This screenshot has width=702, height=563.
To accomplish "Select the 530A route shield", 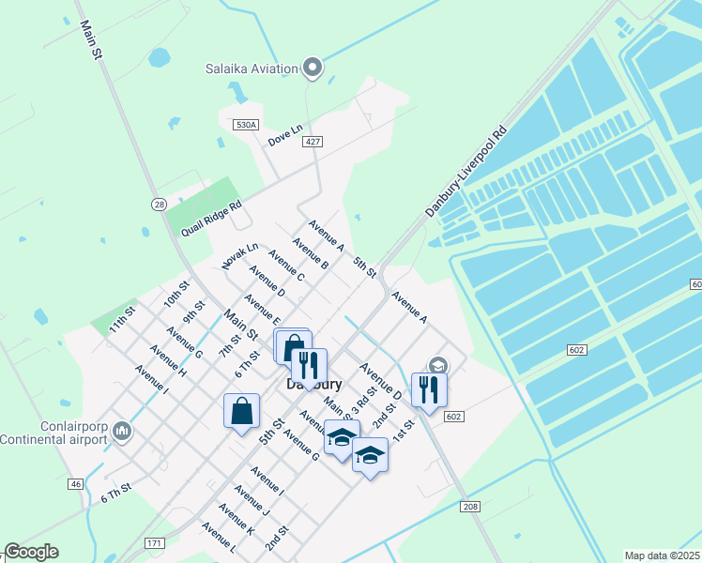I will [x=246, y=125].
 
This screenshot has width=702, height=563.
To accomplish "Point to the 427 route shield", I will [x=313, y=142].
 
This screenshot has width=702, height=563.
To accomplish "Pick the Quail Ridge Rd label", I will [x=211, y=217].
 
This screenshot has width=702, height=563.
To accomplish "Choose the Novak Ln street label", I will [x=240, y=256].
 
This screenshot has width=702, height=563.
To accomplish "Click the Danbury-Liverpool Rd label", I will [x=465, y=172].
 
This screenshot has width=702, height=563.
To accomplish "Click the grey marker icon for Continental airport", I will [x=121, y=432].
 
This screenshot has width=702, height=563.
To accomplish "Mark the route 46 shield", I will [x=75, y=483].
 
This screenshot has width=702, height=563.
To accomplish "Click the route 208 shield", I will [x=471, y=507].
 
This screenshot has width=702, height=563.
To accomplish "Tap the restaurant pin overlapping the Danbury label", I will [x=309, y=366].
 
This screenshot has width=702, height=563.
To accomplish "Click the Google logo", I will [x=31, y=552].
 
